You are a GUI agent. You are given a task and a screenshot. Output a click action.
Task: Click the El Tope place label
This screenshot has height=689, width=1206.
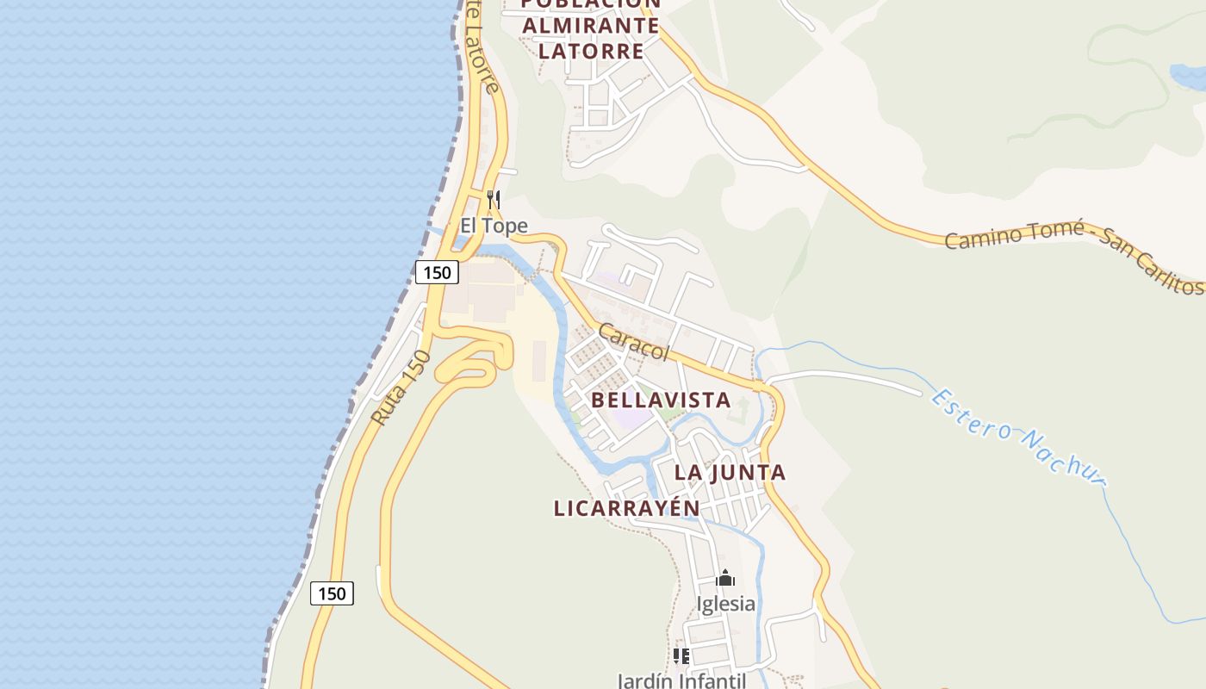click(x=493, y=226)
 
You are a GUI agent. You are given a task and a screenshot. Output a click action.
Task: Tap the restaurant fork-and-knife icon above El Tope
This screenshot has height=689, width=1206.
click(x=494, y=200)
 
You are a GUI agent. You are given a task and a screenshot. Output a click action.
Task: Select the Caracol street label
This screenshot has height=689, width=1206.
click(x=633, y=341)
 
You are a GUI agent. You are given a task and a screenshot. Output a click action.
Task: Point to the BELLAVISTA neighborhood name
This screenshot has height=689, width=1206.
click(x=661, y=400)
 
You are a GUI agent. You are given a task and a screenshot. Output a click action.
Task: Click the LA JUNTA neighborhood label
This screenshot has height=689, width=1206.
click(x=730, y=472)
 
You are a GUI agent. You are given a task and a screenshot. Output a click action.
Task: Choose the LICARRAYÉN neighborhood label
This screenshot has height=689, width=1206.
click(x=626, y=508)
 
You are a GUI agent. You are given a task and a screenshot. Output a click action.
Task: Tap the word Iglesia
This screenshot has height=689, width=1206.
click(x=725, y=604)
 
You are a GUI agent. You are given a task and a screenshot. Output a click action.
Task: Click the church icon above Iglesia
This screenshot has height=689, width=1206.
click(x=725, y=578)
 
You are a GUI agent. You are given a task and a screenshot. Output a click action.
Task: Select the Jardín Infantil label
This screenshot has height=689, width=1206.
click(x=681, y=680)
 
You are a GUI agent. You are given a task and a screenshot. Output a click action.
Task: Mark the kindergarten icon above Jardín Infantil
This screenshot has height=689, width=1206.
click(x=681, y=656)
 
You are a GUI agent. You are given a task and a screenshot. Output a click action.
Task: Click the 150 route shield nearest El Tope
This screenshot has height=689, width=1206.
click(x=437, y=273)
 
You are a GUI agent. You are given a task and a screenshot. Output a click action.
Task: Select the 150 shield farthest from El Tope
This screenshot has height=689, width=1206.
click(x=332, y=593)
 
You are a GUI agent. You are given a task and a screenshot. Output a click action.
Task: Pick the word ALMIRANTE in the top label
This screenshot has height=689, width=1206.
click(x=591, y=26)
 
